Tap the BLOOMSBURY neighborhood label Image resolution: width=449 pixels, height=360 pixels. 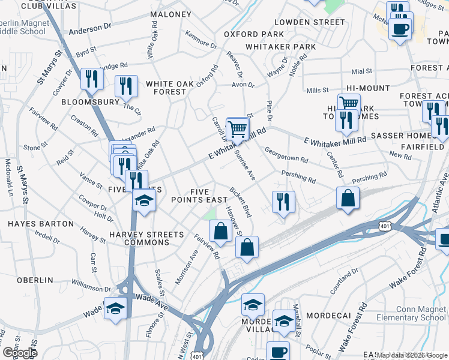point(91,102)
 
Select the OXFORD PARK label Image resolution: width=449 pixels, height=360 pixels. point(254,34)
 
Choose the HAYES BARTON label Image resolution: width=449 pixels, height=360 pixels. point(32,223)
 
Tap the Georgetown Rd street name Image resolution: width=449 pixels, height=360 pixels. point(286,156)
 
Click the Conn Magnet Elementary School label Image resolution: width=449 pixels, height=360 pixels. point(411,313)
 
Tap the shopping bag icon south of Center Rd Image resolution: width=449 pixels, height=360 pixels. point(348,199)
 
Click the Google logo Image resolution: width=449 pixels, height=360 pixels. point(19,353)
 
